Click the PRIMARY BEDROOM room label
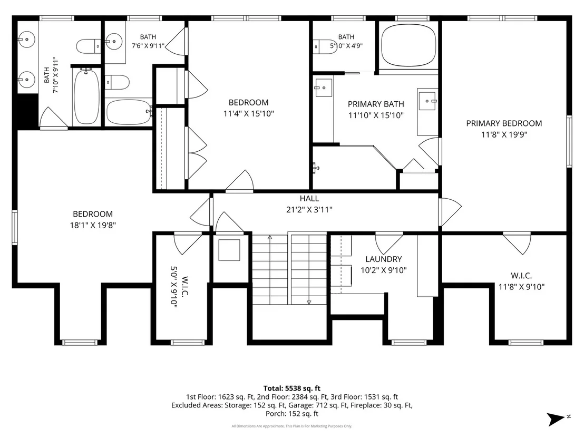(x=504, y=123)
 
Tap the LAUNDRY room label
(x=384, y=259)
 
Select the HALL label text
(x=309, y=199)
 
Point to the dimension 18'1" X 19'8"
(x=93, y=226)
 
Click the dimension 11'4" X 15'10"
(x=248, y=114)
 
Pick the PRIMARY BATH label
(x=376, y=104)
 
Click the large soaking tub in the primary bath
(x=408, y=45)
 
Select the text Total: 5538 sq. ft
(x=292, y=388)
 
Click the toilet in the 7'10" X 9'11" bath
(x=89, y=46)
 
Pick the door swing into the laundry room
(x=389, y=244)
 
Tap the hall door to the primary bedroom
(x=450, y=211)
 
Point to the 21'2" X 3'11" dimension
(x=309, y=210)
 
